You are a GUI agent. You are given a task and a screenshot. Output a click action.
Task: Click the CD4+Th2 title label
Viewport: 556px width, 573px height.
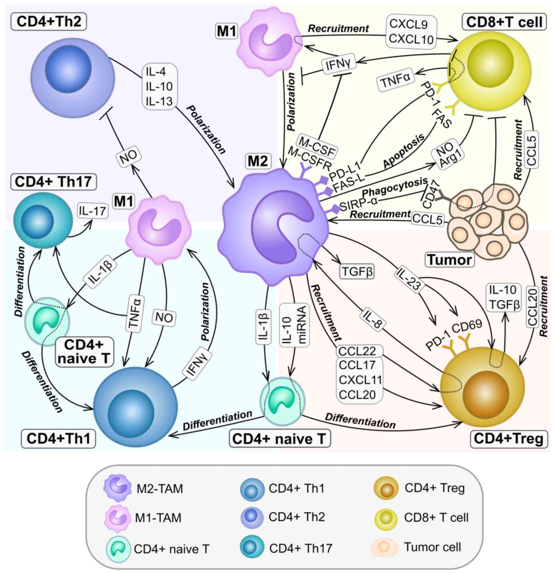49,22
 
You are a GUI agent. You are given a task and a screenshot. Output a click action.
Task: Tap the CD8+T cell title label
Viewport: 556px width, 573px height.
504,22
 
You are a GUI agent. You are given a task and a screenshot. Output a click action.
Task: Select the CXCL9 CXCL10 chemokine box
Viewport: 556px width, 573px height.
411,31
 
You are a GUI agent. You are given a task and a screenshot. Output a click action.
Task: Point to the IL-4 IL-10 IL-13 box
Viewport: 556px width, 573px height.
159,87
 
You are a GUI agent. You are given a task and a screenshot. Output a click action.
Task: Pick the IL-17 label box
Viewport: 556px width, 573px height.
92,211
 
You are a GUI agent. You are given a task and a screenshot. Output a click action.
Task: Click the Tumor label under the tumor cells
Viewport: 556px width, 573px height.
450,259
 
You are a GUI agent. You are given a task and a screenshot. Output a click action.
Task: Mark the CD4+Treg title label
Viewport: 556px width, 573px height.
508,438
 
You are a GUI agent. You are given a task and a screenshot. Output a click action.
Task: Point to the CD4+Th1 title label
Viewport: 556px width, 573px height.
58,439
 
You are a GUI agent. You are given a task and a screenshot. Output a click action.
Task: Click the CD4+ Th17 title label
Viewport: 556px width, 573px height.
53,182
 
